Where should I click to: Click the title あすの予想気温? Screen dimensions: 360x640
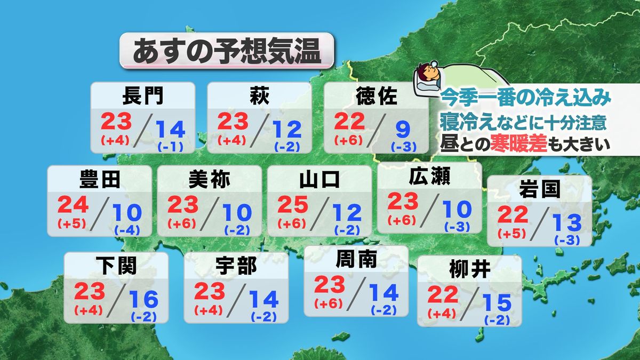tap(226, 51)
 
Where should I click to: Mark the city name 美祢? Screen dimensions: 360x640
tap(209, 180)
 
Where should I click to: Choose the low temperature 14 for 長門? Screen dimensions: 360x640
tap(170, 128)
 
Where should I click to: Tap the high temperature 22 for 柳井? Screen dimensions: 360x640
tap(442, 294)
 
